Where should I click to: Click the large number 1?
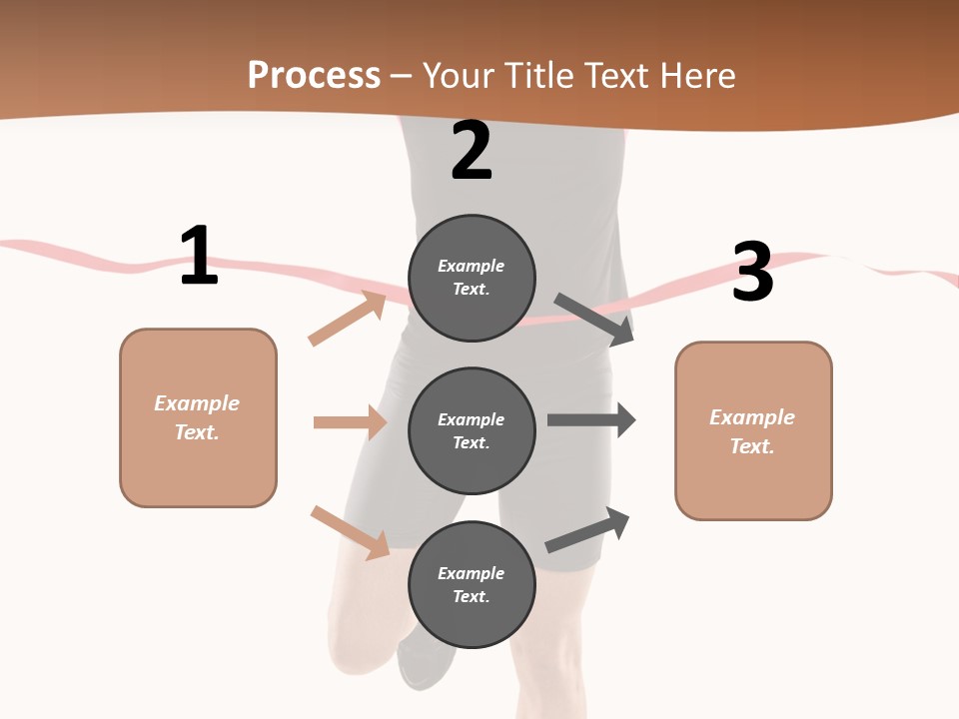pyautogui.click(x=199, y=256)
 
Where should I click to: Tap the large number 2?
pyautogui.click(x=472, y=151)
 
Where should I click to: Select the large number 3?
pyautogui.click(x=752, y=273)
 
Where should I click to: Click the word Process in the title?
pyautogui.click(x=314, y=75)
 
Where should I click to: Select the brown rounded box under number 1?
pyautogui.click(x=198, y=417)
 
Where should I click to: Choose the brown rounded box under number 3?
pyautogui.click(x=753, y=431)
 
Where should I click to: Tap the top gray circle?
pyautogui.click(x=472, y=278)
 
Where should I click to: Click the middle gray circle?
pyautogui.click(x=472, y=430)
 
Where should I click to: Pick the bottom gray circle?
pyautogui.click(x=472, y=584)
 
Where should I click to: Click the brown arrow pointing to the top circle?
pyautogui.click(x=347, y=319)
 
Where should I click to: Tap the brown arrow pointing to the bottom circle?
pyautogui.click(x=350, y=532)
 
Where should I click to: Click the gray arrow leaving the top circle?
pyautogui.click(x=594, y=320)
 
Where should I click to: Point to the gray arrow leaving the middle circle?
pyautogui.click(x=591, y=420)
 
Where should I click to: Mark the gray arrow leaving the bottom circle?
pyautogui.click(x=587, y=530)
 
